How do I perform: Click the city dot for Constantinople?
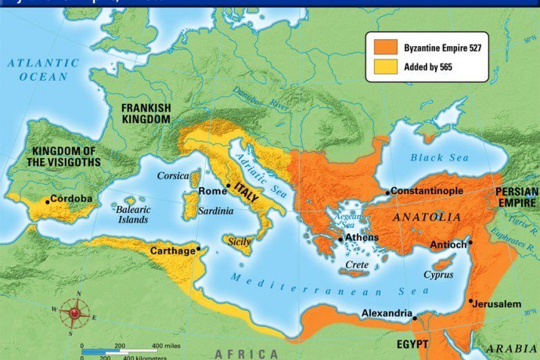(x=387, y=192)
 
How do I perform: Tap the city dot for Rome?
(x=228, y=185)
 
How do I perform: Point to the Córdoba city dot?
(x=48, y=201)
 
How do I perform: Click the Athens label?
(x=362, y=237)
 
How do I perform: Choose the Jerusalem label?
(x=498, y=303)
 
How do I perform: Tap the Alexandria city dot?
(x=416, y=319)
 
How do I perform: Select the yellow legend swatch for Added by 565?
(x=385, y=67)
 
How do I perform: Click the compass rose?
(x=75, y=313)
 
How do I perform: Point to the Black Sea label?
(x=439, y=157)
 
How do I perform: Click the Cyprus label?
(x=438, y=275)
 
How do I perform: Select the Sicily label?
(x=239, y=242)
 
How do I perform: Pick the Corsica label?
(x=173, y=176)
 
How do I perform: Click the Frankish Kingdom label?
(x=146, y=113)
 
